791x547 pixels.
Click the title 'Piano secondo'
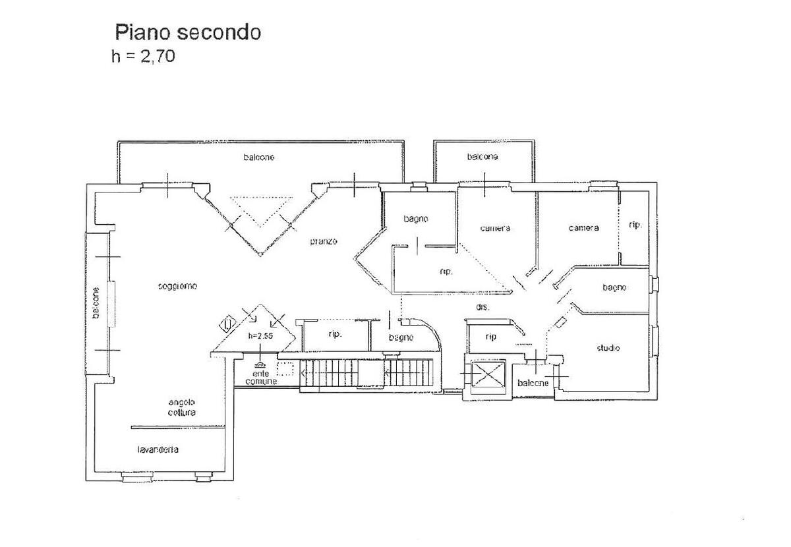click(x=188, y=32)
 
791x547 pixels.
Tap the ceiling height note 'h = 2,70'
click(x=142, y=57)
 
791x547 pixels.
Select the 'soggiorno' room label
click(x=178, y=286)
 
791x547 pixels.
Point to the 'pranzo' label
click(x=324, y=242)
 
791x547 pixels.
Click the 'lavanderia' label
click(x=158, y=450)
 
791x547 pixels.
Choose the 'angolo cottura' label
click(x=181, y=407)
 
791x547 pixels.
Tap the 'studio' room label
click(x=608, y=348)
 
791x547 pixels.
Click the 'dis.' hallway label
click(x=482, y=307)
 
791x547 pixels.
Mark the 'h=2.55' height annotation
click(x=261, y=335)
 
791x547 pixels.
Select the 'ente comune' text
click(x=260, y=377)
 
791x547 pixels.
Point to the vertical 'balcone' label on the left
click(x=96, y=304)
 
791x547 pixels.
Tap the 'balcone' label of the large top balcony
click(x=258, y=158)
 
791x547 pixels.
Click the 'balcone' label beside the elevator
click(x=533, y=384)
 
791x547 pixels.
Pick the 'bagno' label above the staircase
click(x=401, y=337)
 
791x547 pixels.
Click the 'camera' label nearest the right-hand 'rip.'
click(x=584, y=228)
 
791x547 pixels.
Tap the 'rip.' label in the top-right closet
click(x=635, y=225)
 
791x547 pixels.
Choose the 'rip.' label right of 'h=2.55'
click(x=336, y=334)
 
